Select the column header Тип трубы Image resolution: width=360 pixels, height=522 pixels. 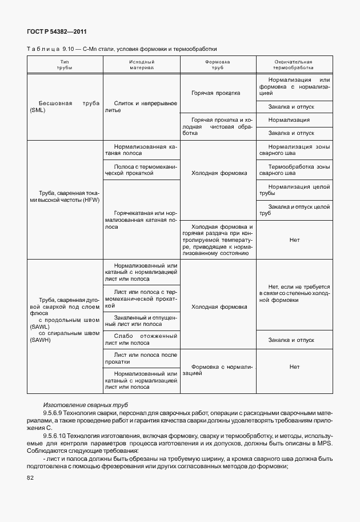[x=65, y=64]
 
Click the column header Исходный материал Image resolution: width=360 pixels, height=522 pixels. [x=141, y=64]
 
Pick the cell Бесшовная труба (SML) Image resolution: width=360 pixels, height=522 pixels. [x=65, y=107]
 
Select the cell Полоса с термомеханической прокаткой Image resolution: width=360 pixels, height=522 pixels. [x=141, y=170]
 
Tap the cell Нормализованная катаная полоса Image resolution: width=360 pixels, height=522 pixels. [x=141, y=150]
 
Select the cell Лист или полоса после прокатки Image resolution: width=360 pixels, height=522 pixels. [x=141, y=358]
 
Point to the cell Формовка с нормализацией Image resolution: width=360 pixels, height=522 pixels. [x=218, y=368]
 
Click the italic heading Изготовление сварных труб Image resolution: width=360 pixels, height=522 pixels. [x=79, y=405]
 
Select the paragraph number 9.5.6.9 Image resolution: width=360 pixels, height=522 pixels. [x=55, y=412]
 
